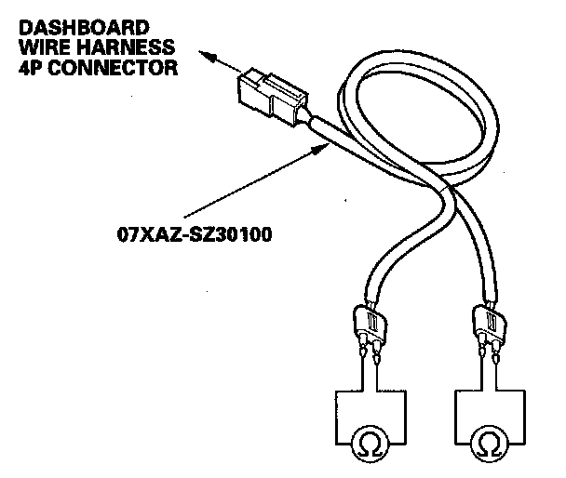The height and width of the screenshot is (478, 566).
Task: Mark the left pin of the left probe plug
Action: [x=360, y=354]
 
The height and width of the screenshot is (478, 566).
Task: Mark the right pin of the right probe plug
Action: [x=498, y=354]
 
